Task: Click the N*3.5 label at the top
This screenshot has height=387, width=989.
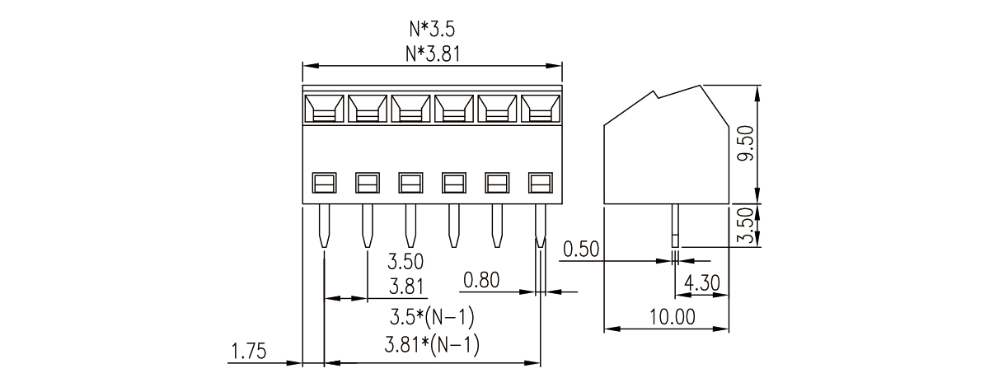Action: [x=432, y=30]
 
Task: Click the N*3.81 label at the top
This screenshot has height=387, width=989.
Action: [x=432, y=54]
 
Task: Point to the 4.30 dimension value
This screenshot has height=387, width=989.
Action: [x=701, y=283]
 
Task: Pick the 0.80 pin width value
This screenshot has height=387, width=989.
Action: [x=481, y=281]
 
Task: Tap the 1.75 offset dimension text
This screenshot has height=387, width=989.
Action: [x=247, y=352]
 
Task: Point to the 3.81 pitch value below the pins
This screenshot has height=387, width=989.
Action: [x=405, y=287]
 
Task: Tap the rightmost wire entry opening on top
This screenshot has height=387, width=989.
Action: [x=540, y=109]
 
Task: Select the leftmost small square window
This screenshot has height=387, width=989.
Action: [x=324, y=181]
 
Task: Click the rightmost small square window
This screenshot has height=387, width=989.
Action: [x=540, y=181]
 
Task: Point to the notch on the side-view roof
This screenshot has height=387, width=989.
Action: [x=656, y=96]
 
